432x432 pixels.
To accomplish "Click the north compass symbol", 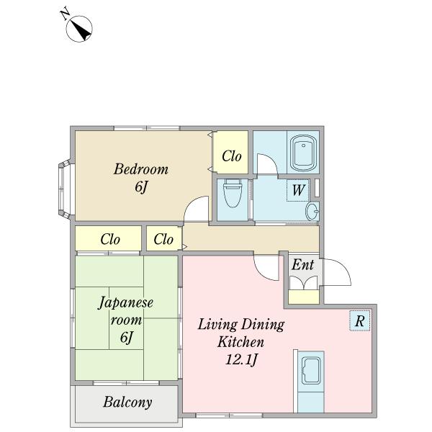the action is pyautogui.click(x=79, y=29).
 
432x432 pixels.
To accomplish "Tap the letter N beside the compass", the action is pyautogui.click(x=65, y=15).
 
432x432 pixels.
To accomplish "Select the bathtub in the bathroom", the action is pyautogui.click(x=303, y=153).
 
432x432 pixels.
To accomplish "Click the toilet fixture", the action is pyautogui.click(x=233, y=193).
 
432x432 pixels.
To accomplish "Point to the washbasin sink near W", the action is pyautogui.click(x=312, y=211).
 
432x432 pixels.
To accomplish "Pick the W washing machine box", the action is pyautogui.click(x=298, y=190).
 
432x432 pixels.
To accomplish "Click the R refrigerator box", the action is pyautogui.click(x=359, y=320).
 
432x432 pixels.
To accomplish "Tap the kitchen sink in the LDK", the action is pyautogui.click(x=311, y=371).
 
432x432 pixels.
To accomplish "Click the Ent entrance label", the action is pyautogui.click(x=302, y=265).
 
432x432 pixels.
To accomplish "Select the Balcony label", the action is pyautogui.click(x=127, y=402).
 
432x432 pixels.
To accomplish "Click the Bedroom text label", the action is pyautogui.click(x=141, y=169).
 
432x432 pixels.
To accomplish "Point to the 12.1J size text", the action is pyautogui.click(x=241, y=359).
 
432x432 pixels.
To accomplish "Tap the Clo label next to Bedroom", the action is pyautogui.click(x=232, y=156).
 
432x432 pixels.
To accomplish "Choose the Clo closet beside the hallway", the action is pyautogui.click(x=163, y=239).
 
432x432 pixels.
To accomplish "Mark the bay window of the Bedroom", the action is pyautogui.click(x=65, y=189).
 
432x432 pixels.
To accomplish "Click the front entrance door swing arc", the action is pyautogui.click(x=343, y=269).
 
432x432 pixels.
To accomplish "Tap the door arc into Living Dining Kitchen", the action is pyautogui.click(x=262, y=273).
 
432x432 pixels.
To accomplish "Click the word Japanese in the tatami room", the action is pyautogui.click(x=125, y=303).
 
